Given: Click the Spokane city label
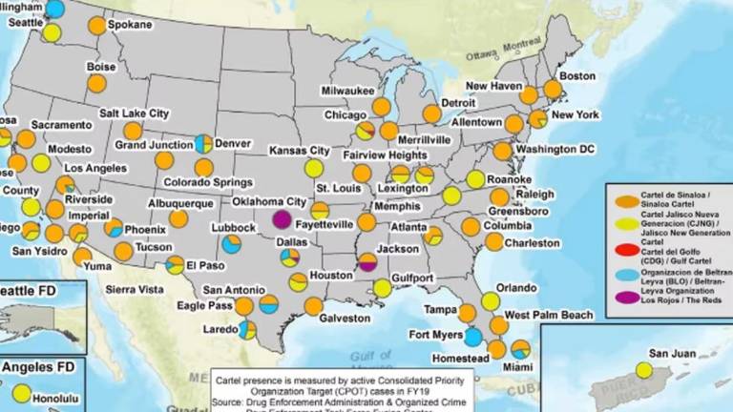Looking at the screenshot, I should (x=129, y=23).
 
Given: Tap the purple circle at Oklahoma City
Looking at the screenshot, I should (x=282, y=218).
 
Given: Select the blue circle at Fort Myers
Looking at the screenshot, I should (x=473, y=337).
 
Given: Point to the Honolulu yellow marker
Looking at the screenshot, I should (x=21, y=392).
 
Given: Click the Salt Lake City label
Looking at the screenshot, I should (x=134, y=112).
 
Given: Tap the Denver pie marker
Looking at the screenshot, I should (x=203, y=143).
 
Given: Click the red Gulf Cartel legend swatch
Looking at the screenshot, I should (x=621, y=253).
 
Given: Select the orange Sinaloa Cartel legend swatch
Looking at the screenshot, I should (x=621, y=200).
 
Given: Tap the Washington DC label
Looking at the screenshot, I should (x=555, y=150).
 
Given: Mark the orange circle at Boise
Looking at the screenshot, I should (x=96, y=84).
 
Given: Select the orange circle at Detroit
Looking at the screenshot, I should (x=431, y=113).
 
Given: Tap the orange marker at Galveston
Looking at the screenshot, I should (x=313, y=306).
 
